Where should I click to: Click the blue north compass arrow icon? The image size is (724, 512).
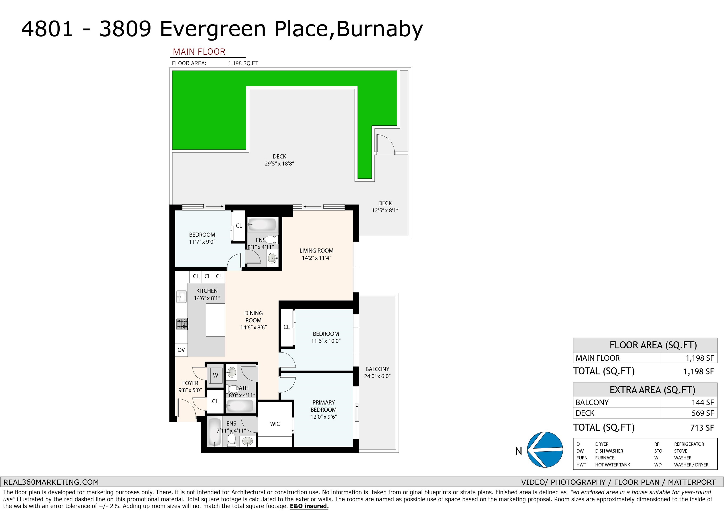[545, 449]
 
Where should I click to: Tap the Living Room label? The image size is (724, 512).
[316, 254]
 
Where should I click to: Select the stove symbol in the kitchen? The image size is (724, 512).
[182, 324]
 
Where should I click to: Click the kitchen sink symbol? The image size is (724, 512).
[181, 297]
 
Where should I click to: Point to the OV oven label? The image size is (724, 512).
[181, 350]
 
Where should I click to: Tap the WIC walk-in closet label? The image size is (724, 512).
[275, 424]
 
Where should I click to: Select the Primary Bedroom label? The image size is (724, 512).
[324, 409]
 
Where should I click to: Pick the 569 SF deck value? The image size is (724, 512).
[703, 413]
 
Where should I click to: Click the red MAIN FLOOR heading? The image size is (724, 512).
[199, 52]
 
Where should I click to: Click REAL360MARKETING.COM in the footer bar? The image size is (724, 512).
[51, 482]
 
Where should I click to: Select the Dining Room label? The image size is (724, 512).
[254, 320]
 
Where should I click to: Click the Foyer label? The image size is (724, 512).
[190, 386]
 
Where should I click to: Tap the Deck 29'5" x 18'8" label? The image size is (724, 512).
[279, 160]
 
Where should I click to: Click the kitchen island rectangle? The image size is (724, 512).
[215, 320]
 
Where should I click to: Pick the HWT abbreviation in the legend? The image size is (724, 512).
[581, 465]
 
